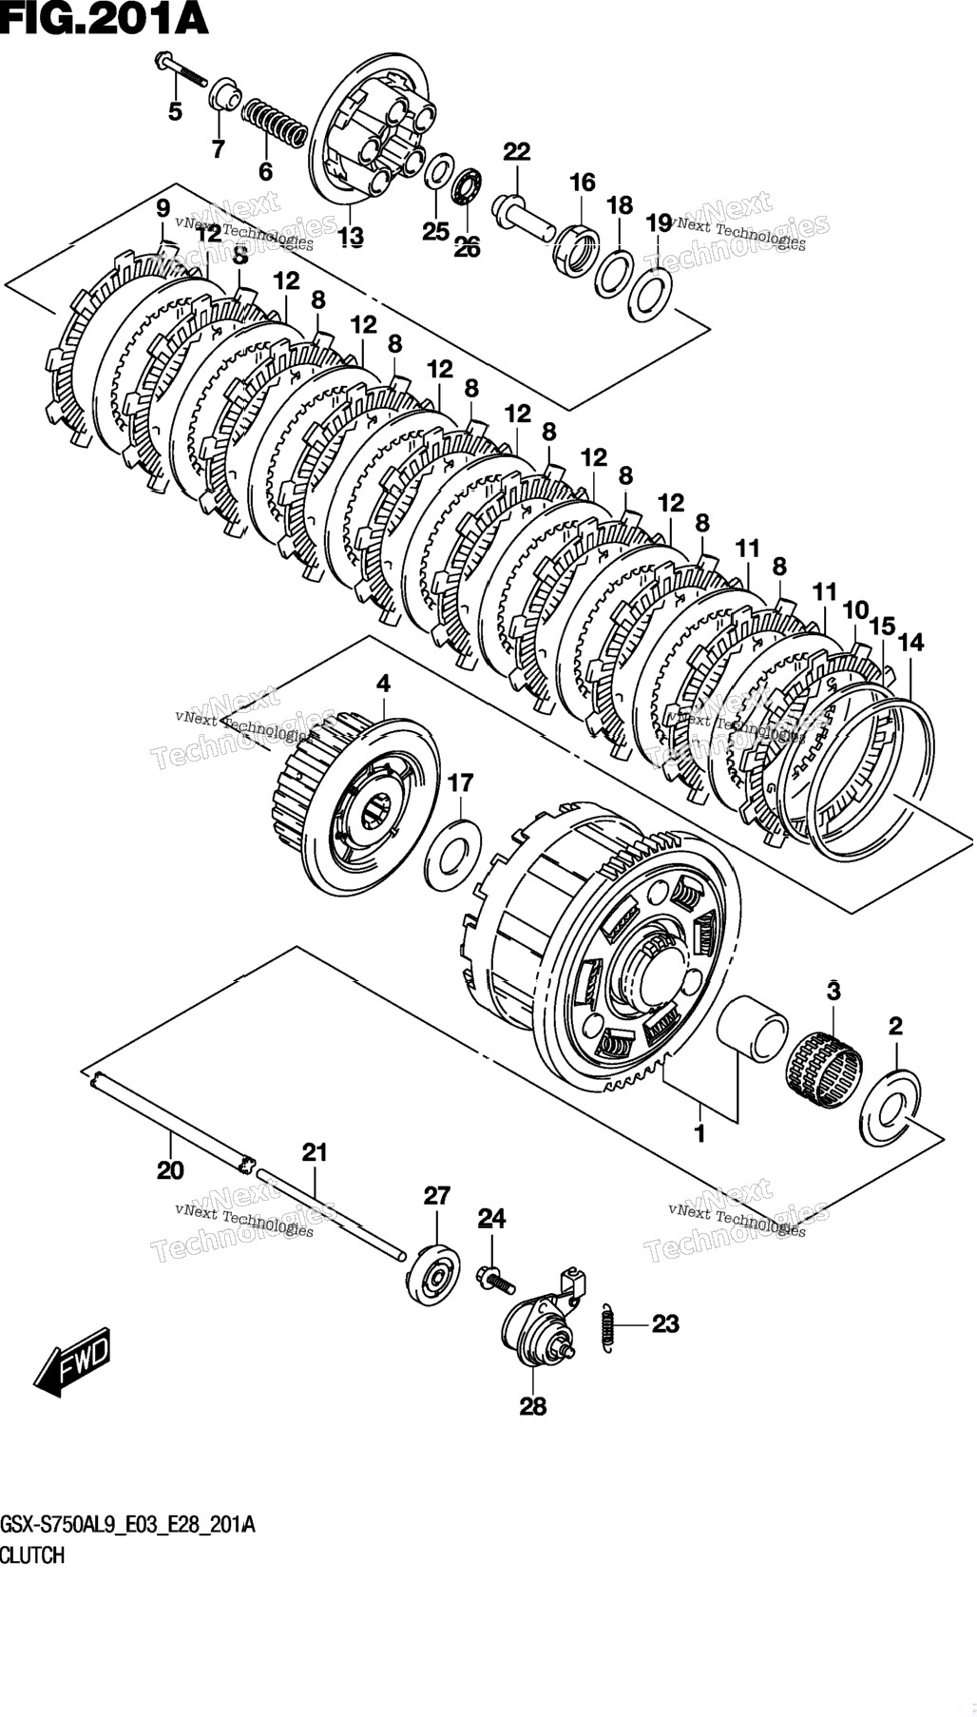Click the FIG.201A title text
pos(104,18)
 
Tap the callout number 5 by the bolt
pos(175,112)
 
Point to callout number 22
pos(517,152)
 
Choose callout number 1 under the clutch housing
pos(699,1133)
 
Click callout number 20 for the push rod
pos(170,1170)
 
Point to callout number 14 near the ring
pos(910,644)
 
